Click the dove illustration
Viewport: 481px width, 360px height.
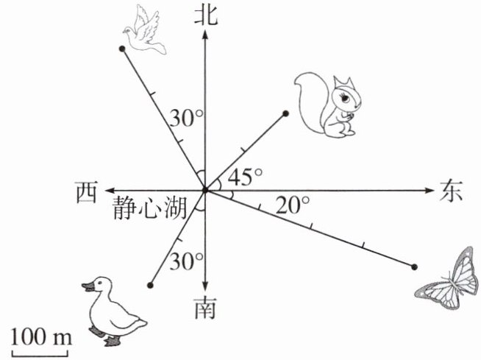click(148, 30)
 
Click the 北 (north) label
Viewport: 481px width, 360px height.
click(206, 14)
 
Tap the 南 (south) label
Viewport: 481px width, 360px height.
click(206, 309)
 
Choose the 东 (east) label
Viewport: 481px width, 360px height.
click(452, 190)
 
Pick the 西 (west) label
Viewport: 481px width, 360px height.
click(87, 191)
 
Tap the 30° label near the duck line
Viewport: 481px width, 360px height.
click(185, 261)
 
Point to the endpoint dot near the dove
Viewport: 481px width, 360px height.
click(121, 49)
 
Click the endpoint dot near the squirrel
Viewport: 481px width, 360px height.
click(285, 113)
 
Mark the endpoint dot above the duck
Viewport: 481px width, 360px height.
click(151, 285)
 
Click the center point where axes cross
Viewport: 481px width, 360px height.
click(206, 190)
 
